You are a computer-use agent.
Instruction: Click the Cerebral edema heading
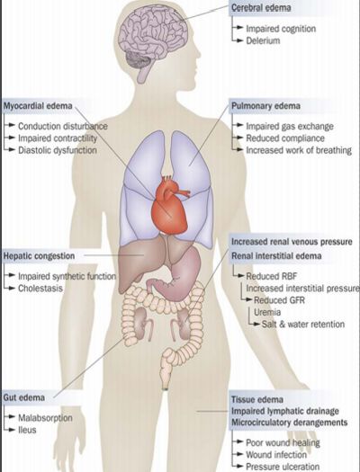point(261,7)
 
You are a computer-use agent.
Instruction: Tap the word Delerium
point(263,40)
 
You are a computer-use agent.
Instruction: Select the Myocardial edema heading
point(38,106)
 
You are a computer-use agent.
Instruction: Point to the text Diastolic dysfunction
point(58,150)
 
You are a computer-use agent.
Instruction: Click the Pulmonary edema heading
point(265,106)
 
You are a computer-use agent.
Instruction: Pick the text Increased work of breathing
point(299,150)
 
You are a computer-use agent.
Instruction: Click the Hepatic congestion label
point(39,256)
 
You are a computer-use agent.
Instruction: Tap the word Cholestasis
point(40,288)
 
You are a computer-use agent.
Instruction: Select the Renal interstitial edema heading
point(276,256)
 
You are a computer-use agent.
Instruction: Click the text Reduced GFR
point(279,300)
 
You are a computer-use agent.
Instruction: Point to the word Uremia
point(267,312)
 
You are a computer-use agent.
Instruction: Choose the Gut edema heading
point(24,397)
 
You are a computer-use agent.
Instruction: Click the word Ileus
point(27,430)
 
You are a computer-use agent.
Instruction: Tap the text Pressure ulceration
point(283,467)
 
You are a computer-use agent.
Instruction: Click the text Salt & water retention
point(303,325)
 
